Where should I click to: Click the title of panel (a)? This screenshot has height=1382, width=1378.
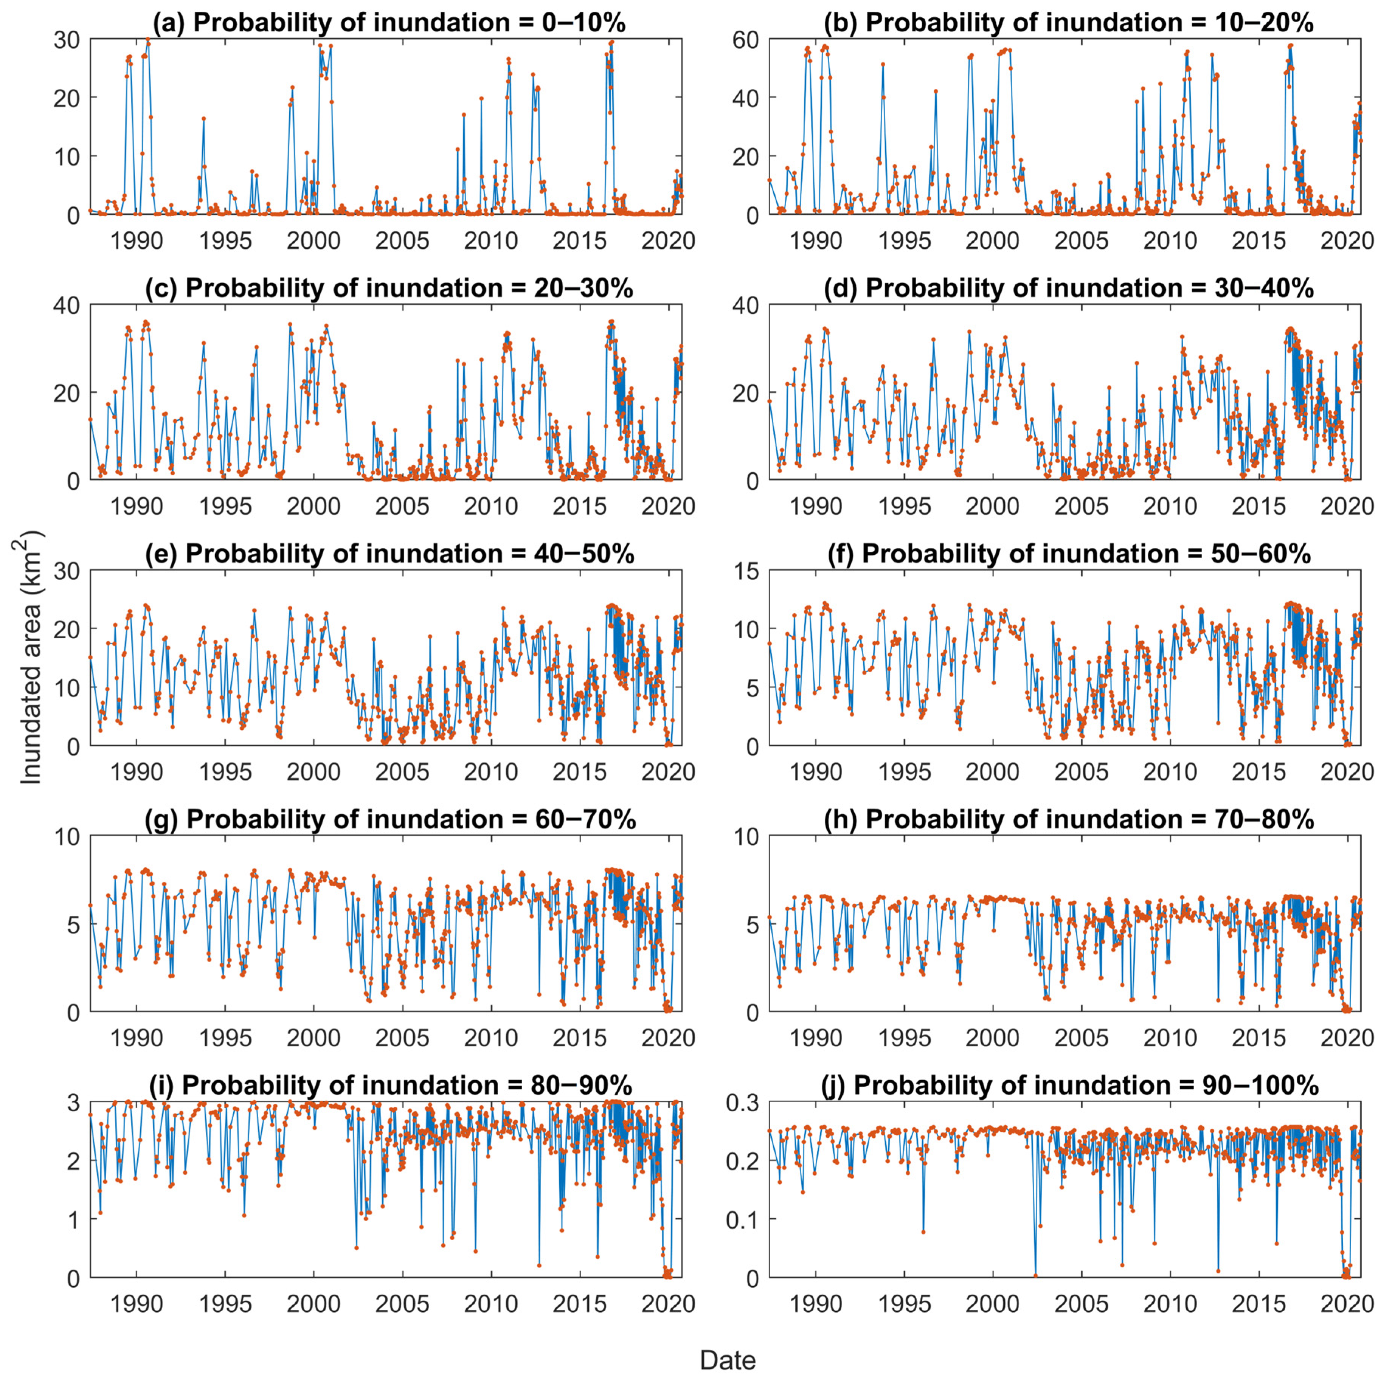click(x=409, y=23)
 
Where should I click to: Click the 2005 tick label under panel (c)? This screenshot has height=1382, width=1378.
click(x=402, y=506)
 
